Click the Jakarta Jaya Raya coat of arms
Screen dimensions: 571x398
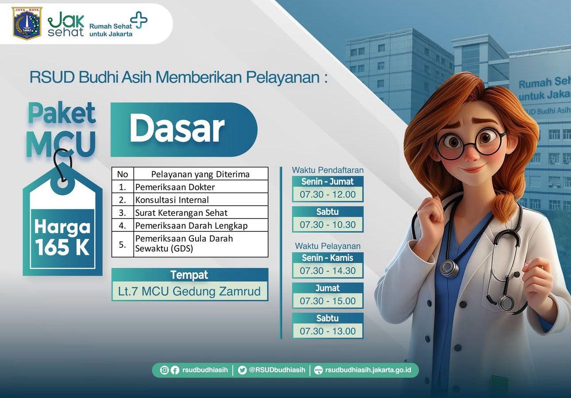pos(27,23)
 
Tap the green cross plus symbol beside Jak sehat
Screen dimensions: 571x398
pos(139,20)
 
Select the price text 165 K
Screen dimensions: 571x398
pos(62,247)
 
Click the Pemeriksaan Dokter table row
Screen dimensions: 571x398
pos(189,187)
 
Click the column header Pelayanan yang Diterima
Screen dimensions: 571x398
pos(201,174)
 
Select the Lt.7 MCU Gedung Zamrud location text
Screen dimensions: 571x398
pos(189,291)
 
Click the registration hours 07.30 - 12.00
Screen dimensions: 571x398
pos(328,195)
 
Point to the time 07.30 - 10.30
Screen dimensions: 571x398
pos(328,225)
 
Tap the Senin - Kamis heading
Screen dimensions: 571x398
pos(328,258)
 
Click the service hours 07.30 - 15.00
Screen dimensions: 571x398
pos(328,301)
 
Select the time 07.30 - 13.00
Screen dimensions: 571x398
pos(328,331)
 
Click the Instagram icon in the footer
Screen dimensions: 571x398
pos(164,370)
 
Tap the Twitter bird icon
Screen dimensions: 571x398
pos(242,370)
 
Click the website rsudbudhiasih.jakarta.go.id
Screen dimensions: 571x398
pos(368,370)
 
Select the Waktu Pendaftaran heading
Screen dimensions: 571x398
pos(328,170)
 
